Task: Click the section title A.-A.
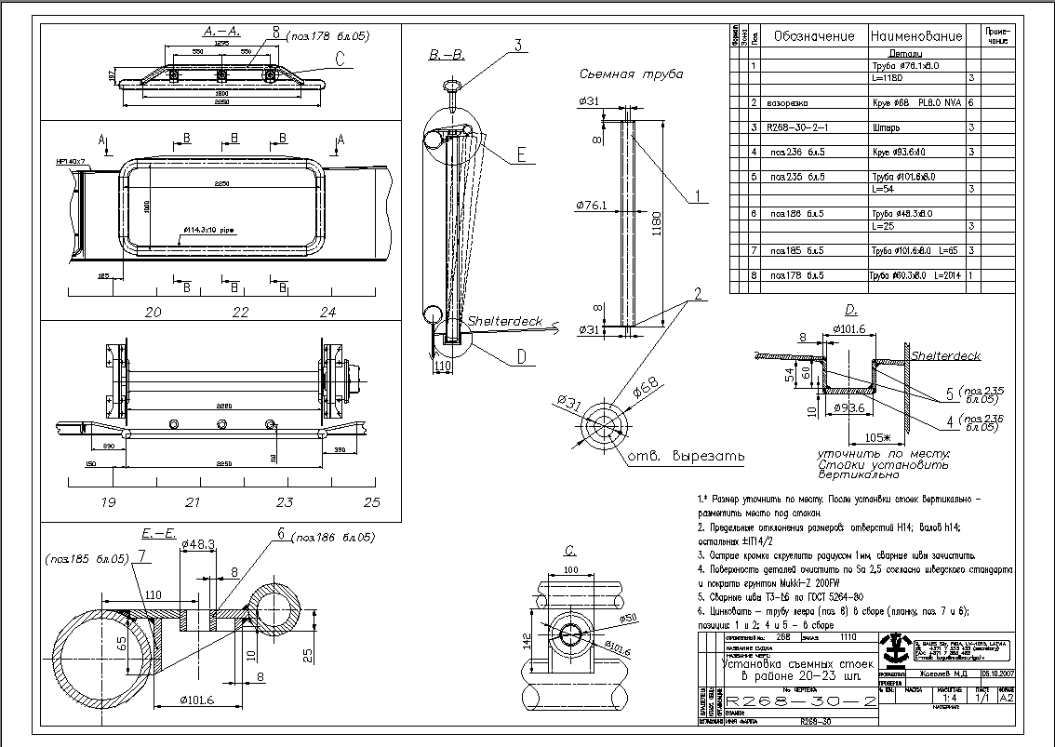(224, 30)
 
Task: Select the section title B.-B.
(447, 57)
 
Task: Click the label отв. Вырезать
(685, 457)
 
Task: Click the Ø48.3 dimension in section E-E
(199, 543)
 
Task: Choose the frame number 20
(154, 312)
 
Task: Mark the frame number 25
(372, 502)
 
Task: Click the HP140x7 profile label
(71, 162)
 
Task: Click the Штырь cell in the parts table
(888, 127)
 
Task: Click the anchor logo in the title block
(898, 648)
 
